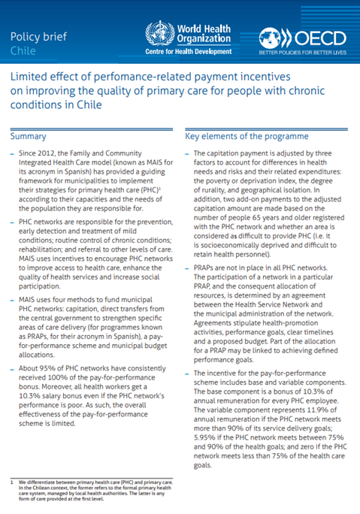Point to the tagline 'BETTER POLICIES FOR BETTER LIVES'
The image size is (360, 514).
tap(304, 54)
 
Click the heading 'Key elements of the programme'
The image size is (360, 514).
tap(247, 137)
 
